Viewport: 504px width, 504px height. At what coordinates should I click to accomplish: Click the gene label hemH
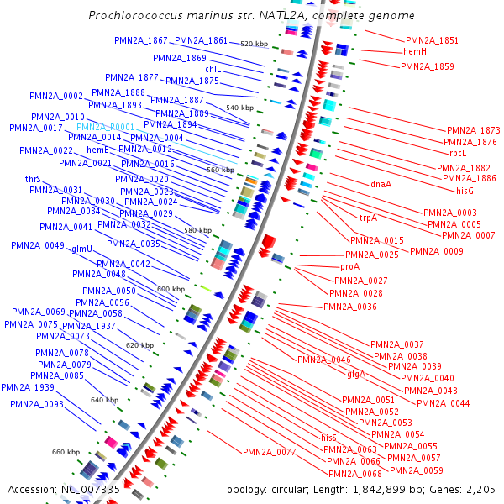click(415, 52)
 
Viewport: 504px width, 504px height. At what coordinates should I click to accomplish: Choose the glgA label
click(356, 375)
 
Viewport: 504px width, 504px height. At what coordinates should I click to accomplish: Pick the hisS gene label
click(328, 438)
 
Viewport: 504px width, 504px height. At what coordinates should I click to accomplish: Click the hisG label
click(465, 191)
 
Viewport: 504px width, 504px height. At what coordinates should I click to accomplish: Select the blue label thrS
click(34, 179)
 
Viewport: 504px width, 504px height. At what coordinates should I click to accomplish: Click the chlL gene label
click(213, 69)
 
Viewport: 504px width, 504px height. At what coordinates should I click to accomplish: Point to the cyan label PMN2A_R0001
click(105, 126)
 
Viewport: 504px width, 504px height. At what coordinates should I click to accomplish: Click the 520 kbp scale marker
click(253, 43)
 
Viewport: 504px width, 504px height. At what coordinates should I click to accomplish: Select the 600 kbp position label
click(171, 289)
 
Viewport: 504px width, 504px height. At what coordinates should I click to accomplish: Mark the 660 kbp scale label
click(65, 452)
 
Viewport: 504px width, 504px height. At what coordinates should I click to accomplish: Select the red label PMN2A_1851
click(432, 40)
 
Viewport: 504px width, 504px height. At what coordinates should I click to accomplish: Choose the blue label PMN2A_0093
click(37, 404)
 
